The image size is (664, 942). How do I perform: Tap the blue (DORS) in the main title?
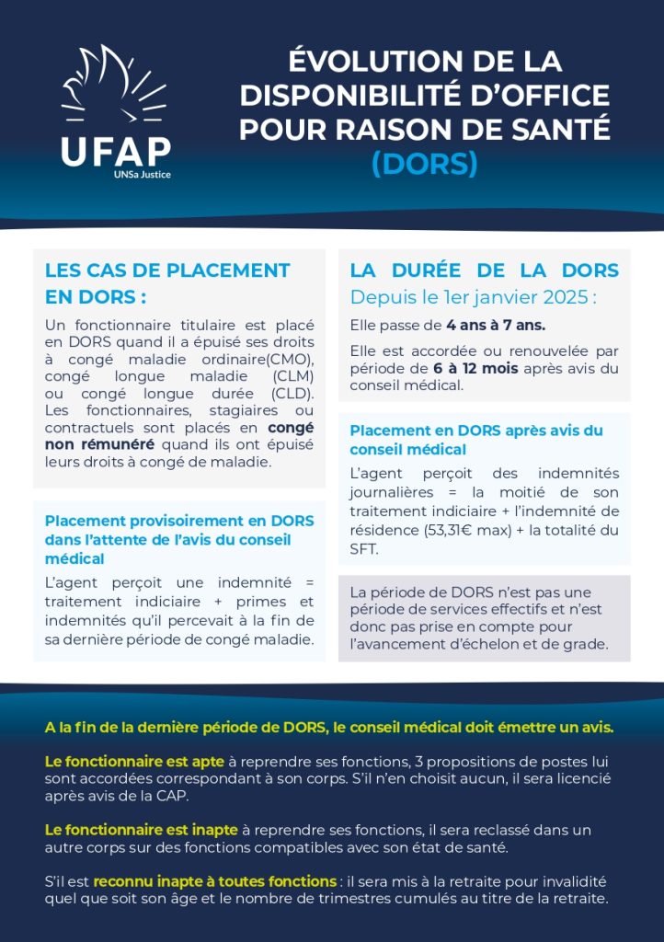[x=425, y=163]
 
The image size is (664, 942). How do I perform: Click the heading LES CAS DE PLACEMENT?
[x=167, y=270]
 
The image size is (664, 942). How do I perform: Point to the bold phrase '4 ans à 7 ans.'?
[x=496, y=326]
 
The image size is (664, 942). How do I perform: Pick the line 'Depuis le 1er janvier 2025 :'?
[x=474, y=298]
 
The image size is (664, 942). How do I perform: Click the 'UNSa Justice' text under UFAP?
[x=143, y=174]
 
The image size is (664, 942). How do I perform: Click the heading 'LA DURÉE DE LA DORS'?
[x=485, y=270]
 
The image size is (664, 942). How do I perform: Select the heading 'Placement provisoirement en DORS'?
[x=179, y=521]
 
